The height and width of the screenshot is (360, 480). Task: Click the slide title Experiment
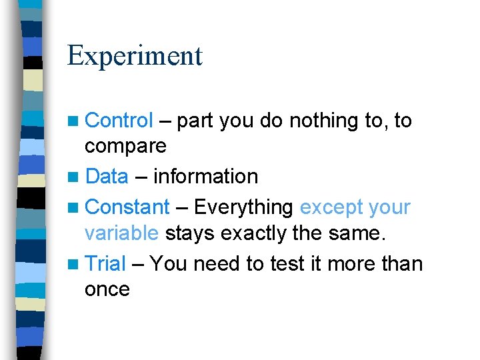(135, 56)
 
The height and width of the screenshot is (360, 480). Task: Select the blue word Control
(120, 121)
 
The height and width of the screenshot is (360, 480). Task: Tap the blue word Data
(107, 177)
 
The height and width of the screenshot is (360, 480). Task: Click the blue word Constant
(128, 207)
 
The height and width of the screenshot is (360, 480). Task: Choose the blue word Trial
(106, 264)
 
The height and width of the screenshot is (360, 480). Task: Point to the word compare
(125, 146)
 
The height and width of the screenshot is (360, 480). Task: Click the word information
(205, 177)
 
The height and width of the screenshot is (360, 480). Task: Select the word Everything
(243, 207)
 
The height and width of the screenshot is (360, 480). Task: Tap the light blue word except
(330, 208)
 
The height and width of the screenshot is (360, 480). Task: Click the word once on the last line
(107, 289)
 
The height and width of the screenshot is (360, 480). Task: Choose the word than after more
(402, 264)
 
